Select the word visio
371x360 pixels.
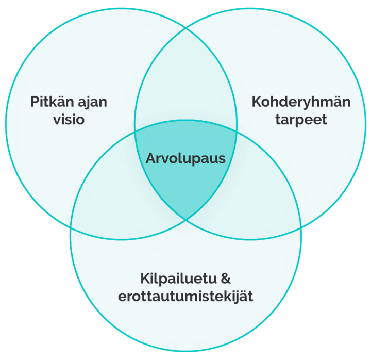(x=69, y=119)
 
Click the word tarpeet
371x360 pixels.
(x=301, y=120)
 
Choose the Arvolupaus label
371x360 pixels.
(x=185, y=159)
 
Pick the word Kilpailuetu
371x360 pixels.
(x=179, y=279)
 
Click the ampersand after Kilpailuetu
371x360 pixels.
(x=226, y=279)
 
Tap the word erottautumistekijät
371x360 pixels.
(x=185, y=297)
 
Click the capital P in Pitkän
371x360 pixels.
(x=35, y=102)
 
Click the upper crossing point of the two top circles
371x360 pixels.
(x=185, y=29)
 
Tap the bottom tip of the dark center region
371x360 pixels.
(x=185, y=219)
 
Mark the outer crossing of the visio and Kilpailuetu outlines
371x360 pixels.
(x=71, y=227)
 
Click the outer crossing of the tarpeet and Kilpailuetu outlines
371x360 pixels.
(x=301, y=227)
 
